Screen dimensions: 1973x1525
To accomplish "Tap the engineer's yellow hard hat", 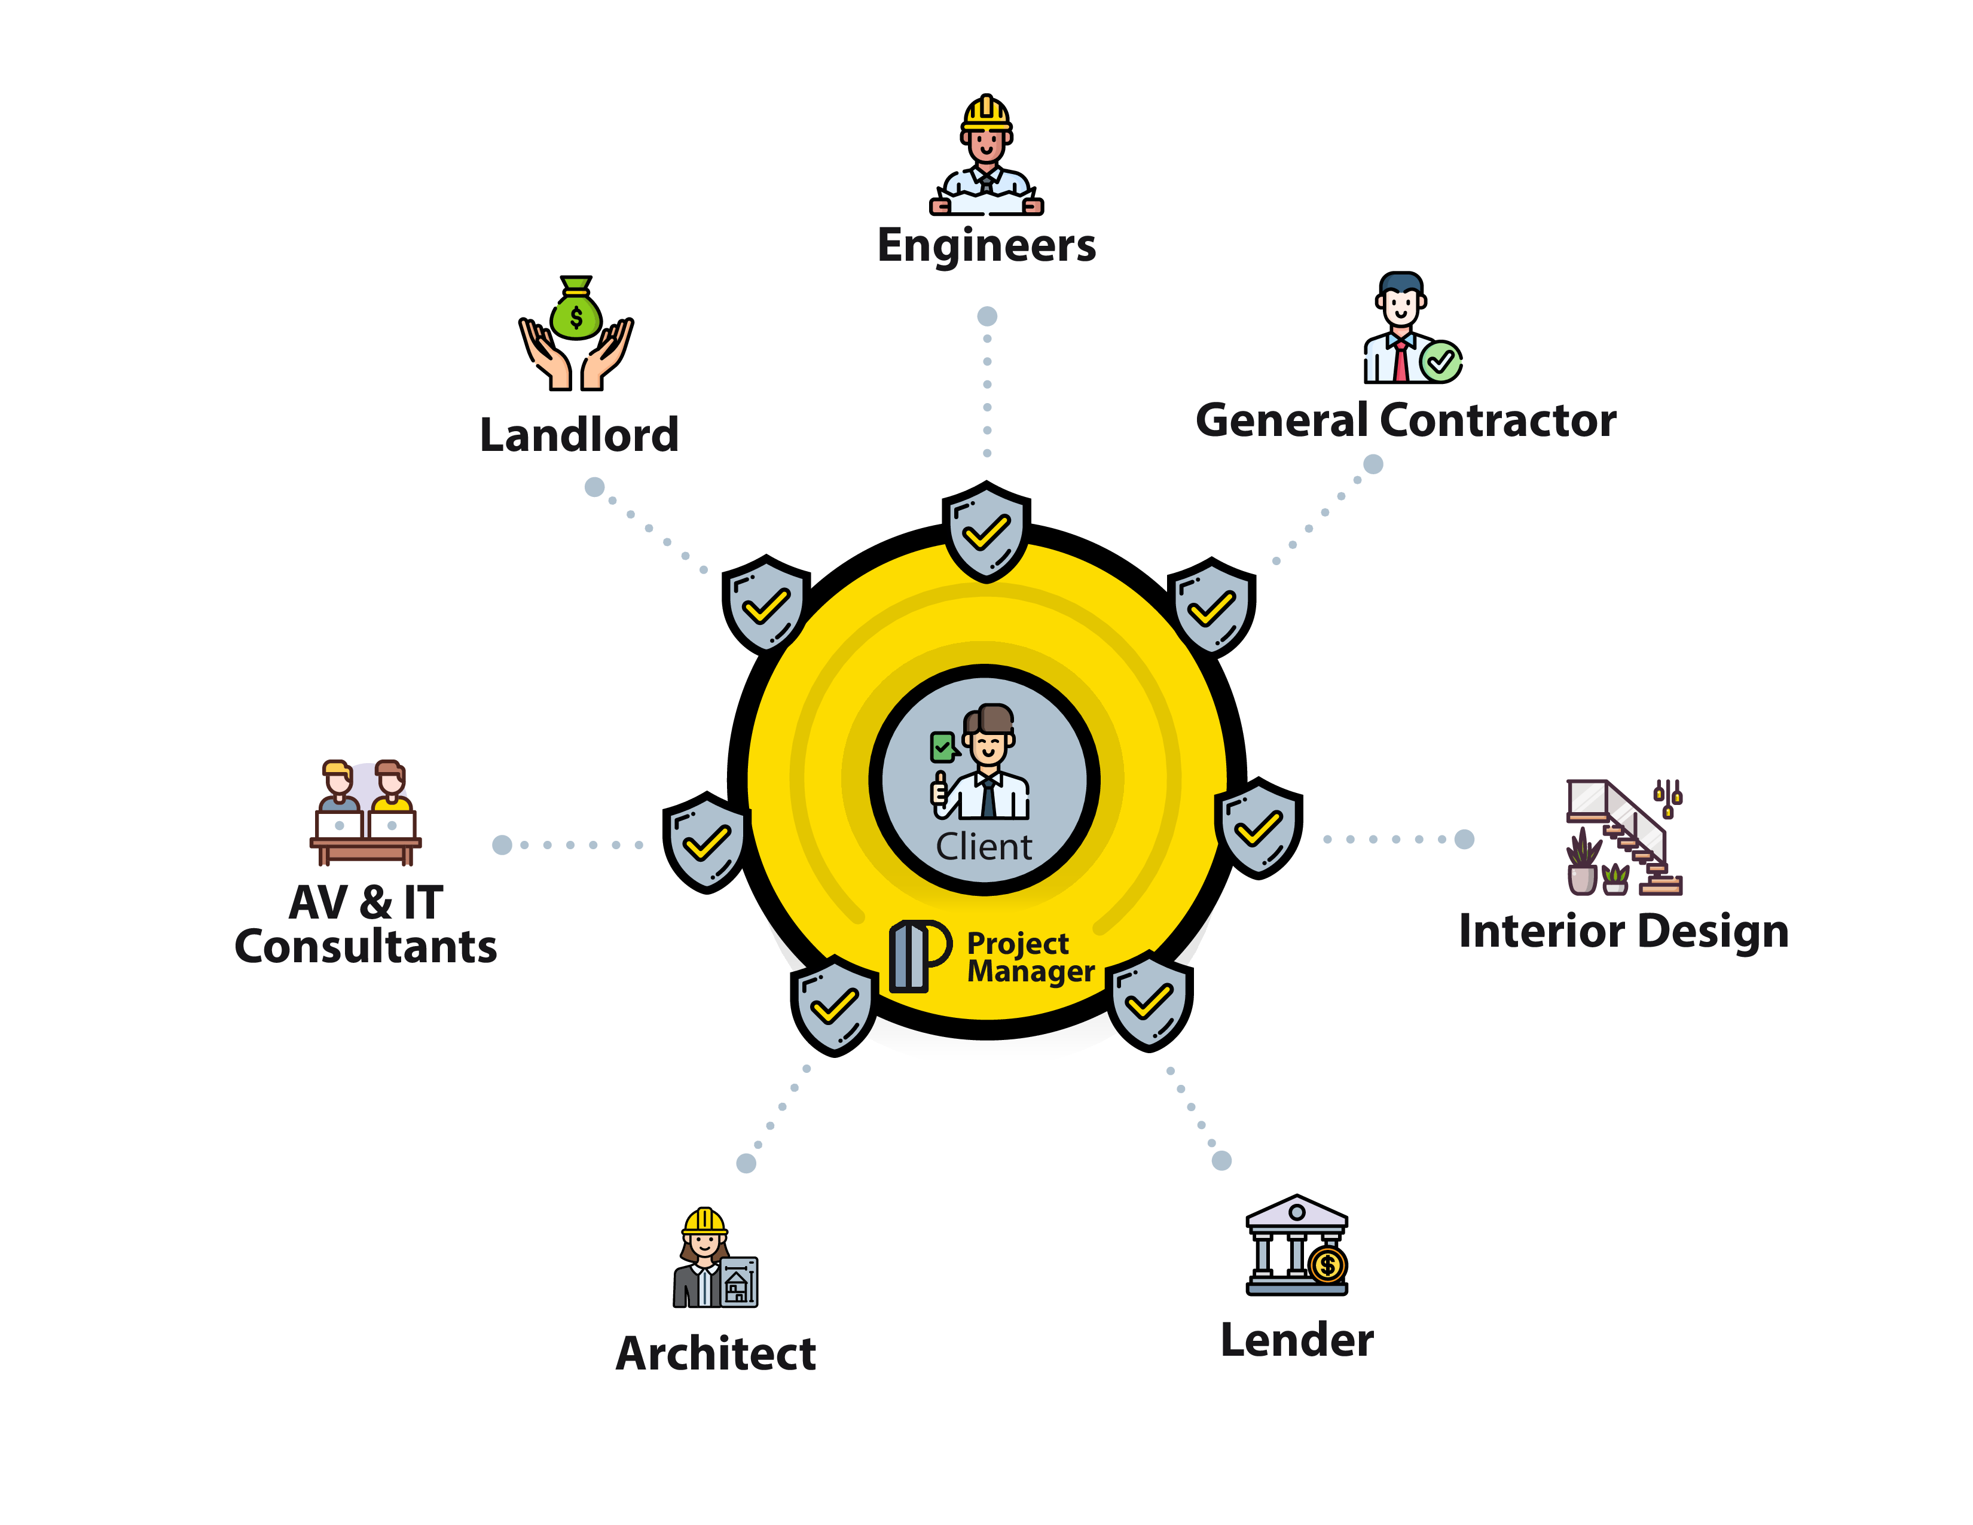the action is tap(986, 113).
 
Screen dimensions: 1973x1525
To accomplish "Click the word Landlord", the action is tap(579, 435).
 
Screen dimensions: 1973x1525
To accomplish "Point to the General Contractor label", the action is tap(1406, 420).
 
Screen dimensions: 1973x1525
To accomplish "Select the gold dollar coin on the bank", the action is tap(1327, 1265).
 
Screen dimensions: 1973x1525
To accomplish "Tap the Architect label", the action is tap(716, 1353).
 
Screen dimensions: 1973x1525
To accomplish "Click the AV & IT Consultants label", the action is tap(366, 924).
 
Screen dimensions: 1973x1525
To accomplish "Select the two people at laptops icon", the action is tap(366, 812).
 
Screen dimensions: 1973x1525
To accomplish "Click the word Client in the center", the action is tap(984, 846).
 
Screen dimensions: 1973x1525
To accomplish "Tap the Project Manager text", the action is tap(1031, 957).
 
